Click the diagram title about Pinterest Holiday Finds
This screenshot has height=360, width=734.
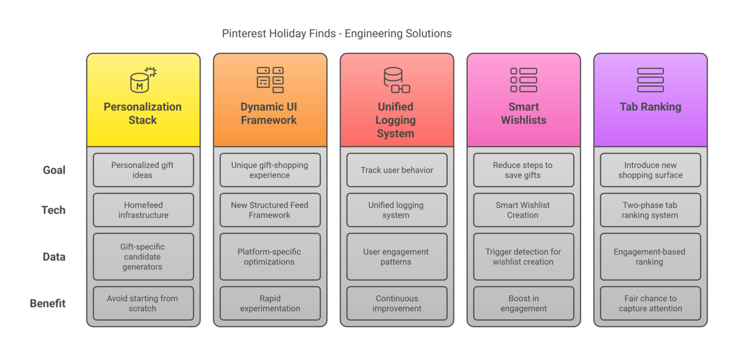(336, 34)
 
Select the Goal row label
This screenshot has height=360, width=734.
(54, 170)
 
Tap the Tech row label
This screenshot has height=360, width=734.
(53, 210)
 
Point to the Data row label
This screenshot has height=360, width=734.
(54, 257)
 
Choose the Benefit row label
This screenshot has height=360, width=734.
(48, 303)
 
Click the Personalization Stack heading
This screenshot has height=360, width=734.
(143, 113)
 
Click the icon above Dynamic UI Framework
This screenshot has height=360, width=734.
(270, 79)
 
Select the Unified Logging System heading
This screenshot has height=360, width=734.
(396, 120)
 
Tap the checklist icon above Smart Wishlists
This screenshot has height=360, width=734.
(523, 79)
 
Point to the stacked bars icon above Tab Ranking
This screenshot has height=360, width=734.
(650, 79)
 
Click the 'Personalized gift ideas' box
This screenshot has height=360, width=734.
(143, 170)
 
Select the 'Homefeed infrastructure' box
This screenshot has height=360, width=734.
(143, 210)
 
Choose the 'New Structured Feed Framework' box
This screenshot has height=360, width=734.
(270, 210)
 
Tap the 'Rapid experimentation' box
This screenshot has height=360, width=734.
(270, 303)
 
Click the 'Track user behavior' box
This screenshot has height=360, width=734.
(397, 170)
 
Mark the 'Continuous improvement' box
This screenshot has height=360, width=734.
(397, 303)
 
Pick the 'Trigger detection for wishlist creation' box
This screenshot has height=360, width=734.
(523, 257)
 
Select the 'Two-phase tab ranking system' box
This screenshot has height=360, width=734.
(650, 210)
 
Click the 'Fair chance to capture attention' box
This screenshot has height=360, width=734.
(650, 303)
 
